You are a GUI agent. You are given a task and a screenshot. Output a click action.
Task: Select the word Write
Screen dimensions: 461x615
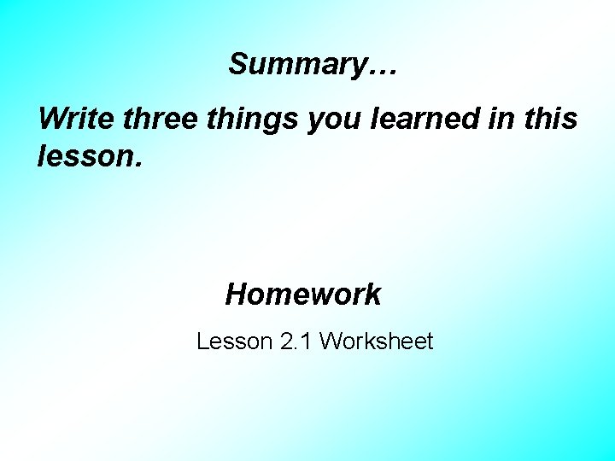tap(77, 118)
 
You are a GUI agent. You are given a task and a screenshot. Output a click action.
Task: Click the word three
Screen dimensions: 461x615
tap(161, 118)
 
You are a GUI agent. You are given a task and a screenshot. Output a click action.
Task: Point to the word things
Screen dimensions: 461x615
tap(252, 120)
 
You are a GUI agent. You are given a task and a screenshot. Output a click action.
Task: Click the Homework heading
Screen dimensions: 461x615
tap(303, 295)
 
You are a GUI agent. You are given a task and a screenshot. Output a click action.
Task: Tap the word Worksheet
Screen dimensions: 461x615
tap(377, 342)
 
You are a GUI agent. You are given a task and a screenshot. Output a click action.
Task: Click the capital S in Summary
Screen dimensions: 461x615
tap(237, 64)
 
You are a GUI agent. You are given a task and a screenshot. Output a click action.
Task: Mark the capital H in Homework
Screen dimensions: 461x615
tap(236, 295)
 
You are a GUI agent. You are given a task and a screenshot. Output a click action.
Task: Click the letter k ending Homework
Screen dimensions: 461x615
tap(373, 295)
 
